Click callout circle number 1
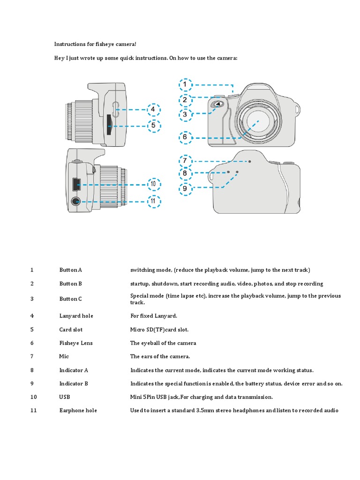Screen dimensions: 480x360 pyautogui.click(x=185, y=85)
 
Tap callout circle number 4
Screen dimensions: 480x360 pyautogui.click(x=153, y=110)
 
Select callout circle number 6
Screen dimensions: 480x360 pyautogui.click(x=185, y=137)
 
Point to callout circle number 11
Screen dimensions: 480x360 pyautogui.click(x=153, y=202)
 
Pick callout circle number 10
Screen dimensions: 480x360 pyautogui.click(x=153, y=185)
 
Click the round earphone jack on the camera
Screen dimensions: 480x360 pyautogui.click(x=75, y=202)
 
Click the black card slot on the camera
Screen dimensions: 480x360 pyautogui.click(x=109, y=125)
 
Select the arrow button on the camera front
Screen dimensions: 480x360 pyautogui.click(x=216, y=105)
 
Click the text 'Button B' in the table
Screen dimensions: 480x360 pyautogui.click(x=70, y=284)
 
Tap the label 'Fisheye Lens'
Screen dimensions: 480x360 pyautogui.click(x=75, y=343)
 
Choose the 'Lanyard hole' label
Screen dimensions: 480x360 pyautogui.click(x=76, y=316)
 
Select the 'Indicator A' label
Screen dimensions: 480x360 pyautogui.click(x=74, y=370)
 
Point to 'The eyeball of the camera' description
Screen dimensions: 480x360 pyautogui.click(x=163, y=343)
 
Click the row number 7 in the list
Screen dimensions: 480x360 pyautogui.click(x=32, y=357)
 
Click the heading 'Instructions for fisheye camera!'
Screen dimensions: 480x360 pyautogui.click(x=95, y=44)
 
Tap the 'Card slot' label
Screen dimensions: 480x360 pyautogui.click(x=71, y=330)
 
